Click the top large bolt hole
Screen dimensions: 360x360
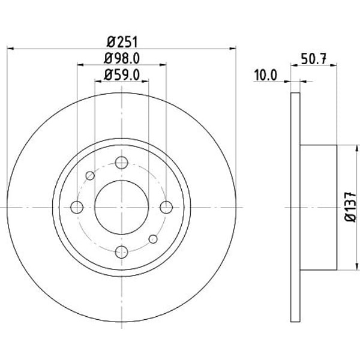pyautogui.click(x=122, y=163)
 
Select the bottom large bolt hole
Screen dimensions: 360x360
pyautogui.click(x=122, y=252)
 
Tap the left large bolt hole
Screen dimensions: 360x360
pyautogui.click(x=77, y=208)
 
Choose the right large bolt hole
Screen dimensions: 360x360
pyautogui.click(x=166, y=208)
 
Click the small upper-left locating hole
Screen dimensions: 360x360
pyautogui.click(x=90, y=176)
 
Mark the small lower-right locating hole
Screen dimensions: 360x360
pyautogui.click(x=153, y=239)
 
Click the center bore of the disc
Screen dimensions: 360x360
pyautogui.click(x=122, y=208)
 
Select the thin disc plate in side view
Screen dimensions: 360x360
pyautogui.click(x=295, y=207)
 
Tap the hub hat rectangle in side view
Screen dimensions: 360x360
pyautogui.click(x=319, y=207)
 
